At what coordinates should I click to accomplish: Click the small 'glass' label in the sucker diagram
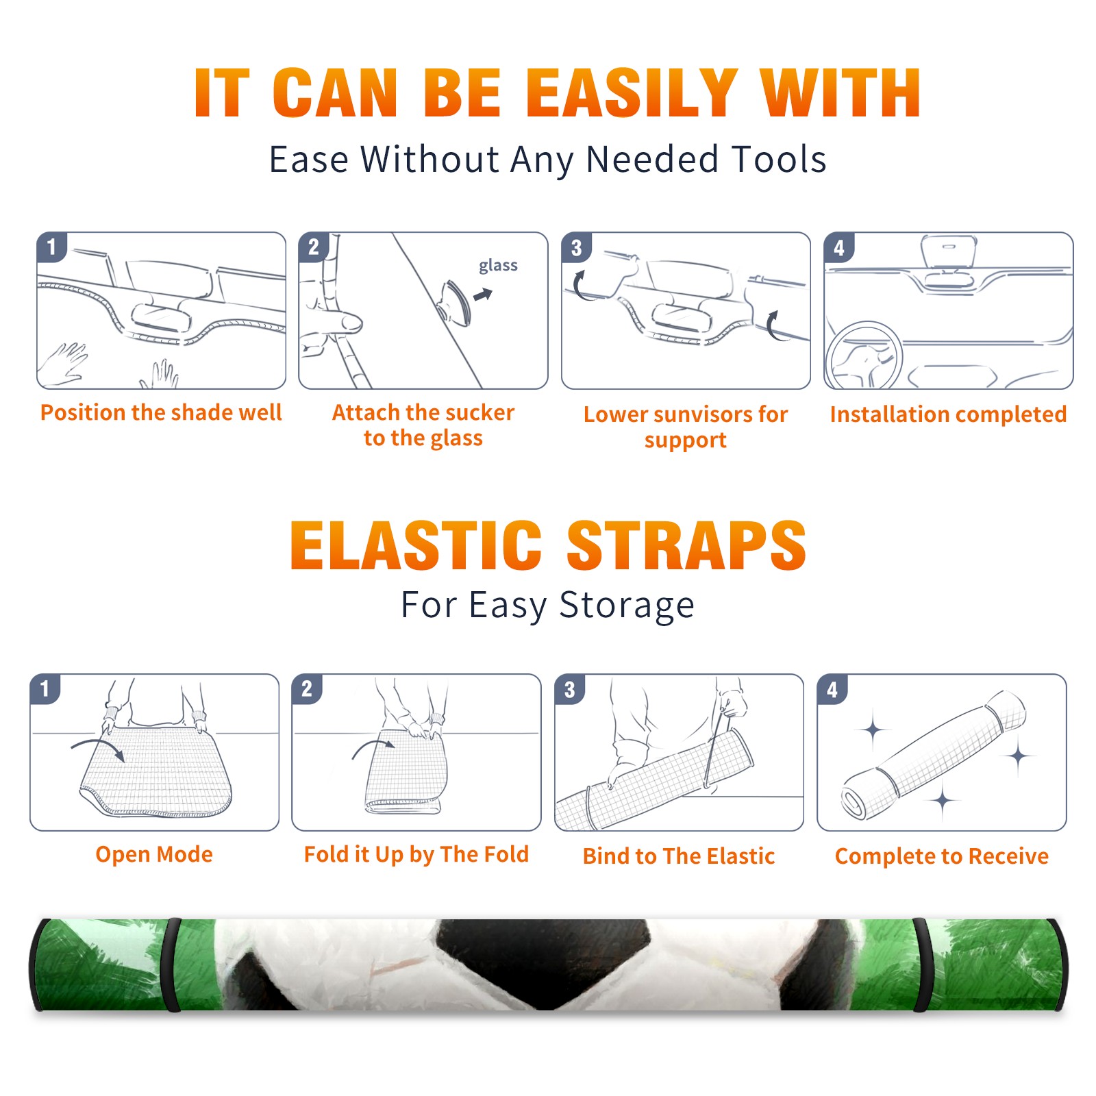coord(498,266)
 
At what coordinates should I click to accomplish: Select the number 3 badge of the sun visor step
coord(576,247)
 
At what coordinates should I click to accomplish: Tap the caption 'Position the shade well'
coord(161,412)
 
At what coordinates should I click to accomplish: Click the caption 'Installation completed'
coord(948,414)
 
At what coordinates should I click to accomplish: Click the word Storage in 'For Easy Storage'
coord(627,606)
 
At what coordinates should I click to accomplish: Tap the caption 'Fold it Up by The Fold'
coord(416,854)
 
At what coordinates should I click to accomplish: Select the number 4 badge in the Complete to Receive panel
coord(832,689)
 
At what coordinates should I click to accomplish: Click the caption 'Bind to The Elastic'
coord(679,856)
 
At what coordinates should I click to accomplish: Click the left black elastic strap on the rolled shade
coord(171,964)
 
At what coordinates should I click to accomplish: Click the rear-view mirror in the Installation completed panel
coord(949,254)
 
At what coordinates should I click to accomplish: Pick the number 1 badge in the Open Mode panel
coord(45,689)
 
